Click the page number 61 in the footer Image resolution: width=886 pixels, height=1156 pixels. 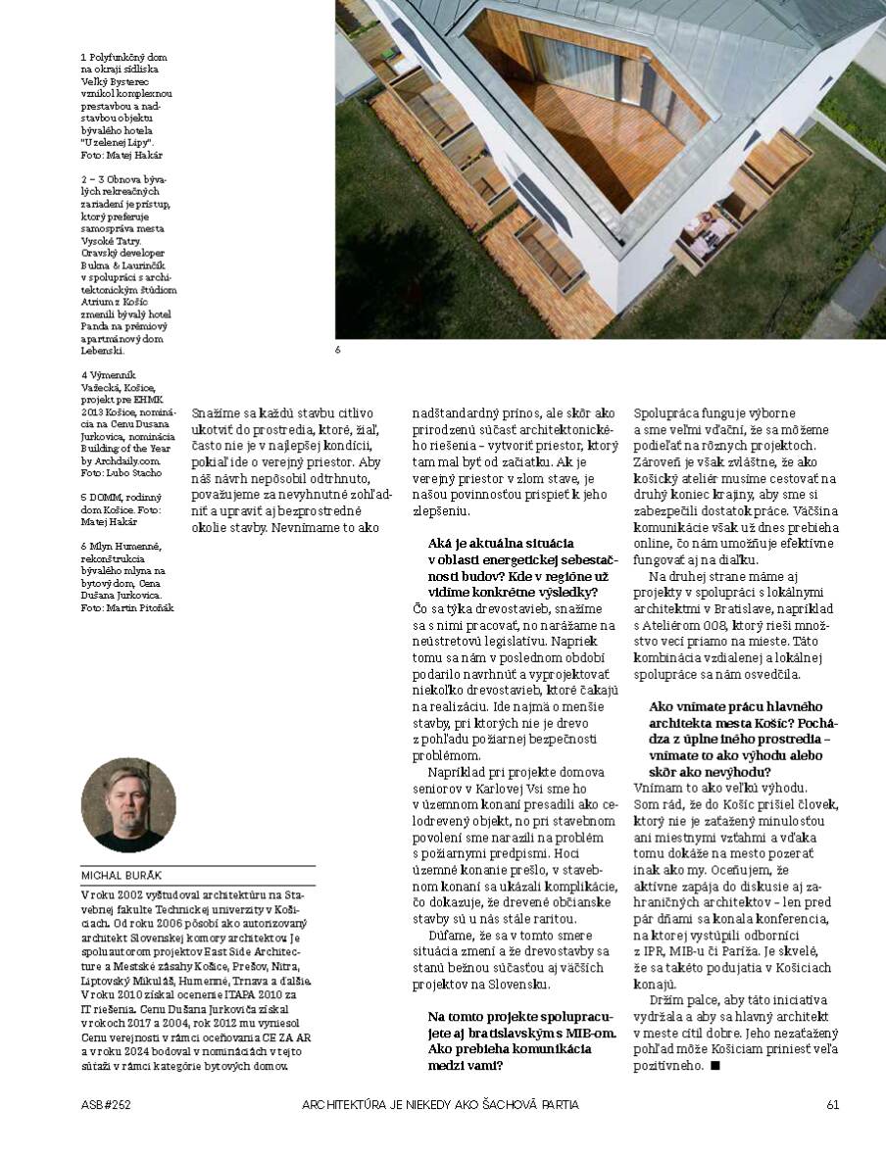[832, 1105]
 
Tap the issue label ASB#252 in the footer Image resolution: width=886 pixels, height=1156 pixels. [106, 1105]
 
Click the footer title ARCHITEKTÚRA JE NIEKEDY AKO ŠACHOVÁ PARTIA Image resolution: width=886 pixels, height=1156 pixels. [440, 1105]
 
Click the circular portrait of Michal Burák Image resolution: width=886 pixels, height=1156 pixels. [128, 805]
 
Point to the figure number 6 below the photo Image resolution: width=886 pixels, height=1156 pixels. [337, 349]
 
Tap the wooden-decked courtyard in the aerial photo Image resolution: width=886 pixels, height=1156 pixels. [578, 118]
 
